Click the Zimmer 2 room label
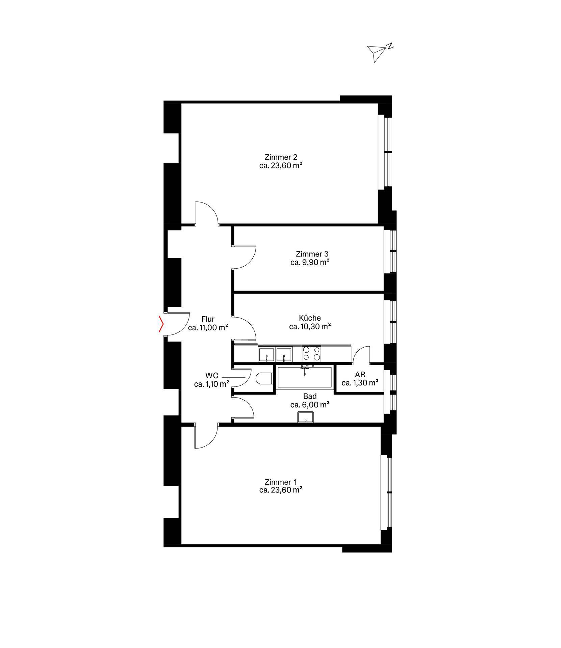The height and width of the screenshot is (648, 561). pyautogui.click(x=281, y=157)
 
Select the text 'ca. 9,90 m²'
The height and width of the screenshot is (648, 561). pyautogui.click(x=310, y=263)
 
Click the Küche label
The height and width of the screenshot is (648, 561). pyautogui.click(x=310, y=318)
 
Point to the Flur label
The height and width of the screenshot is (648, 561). pyautogui.click(x=208, y=319)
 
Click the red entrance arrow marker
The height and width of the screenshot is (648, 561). pyautogui.click(x=161, y=324)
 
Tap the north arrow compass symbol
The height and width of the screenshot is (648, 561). pyautogui.click(x=380, y=53)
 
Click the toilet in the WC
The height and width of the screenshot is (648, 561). pyautogui.click(x=264, y=378)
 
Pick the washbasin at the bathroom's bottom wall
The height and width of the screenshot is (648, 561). pyautogui.click(x=306, y=417)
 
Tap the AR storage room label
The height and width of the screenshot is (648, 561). pyautogui.click(x=360, y=375)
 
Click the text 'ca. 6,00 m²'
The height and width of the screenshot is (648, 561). pyautogui.click(x=310, y=405)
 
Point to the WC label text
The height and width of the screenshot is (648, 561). pyautogui.click(x=212, y=376)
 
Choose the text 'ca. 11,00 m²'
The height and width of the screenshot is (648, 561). pyautogui.click(x=208, y=327)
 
